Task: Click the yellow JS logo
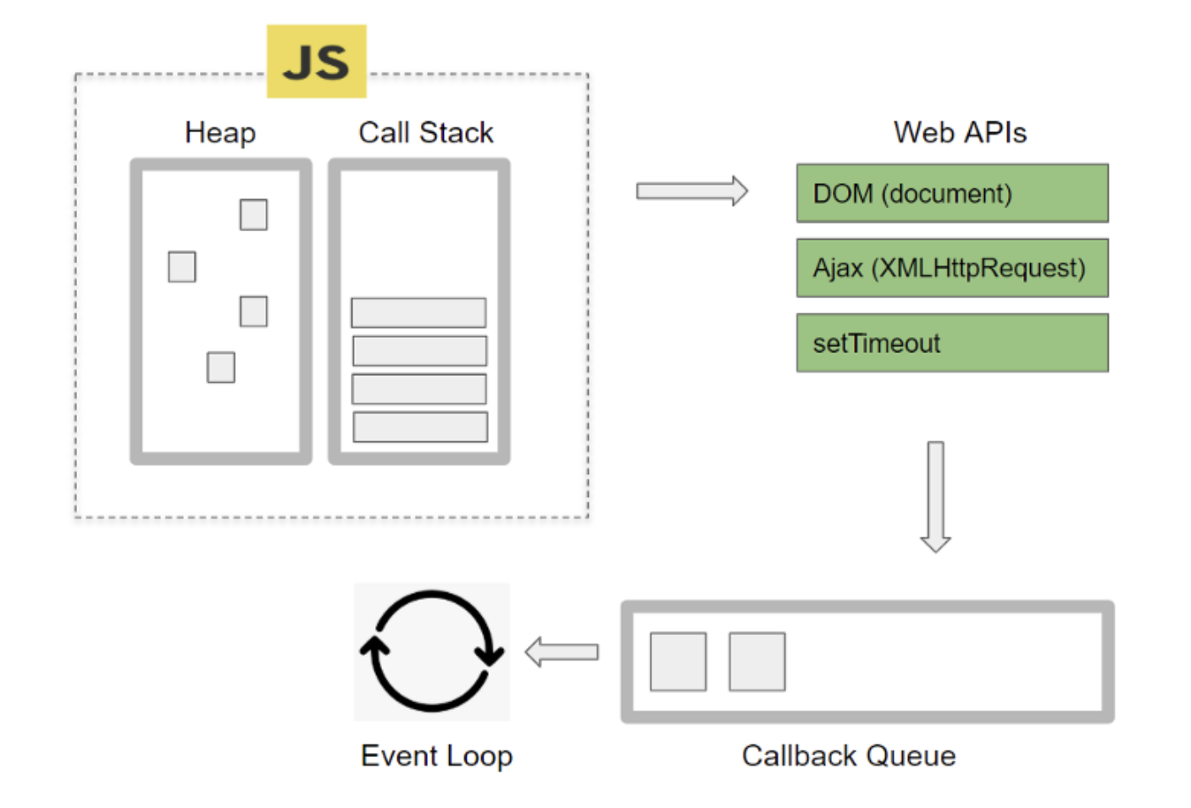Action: click(316, 61)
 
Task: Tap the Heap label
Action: click(220, 133)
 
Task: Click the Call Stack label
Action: click(425, 133)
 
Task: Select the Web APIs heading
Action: click(960, 133)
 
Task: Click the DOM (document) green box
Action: click(952, 193)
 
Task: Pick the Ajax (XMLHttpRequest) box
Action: click(952, 268)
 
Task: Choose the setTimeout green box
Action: click(952, 343)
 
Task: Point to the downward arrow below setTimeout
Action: click(935, 496)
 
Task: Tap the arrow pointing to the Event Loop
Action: click(562, 652)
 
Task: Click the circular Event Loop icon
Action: click(432, 650)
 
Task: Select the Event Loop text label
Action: click(436, 755)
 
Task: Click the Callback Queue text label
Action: click(849, 755)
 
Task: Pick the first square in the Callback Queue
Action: click(678, 661)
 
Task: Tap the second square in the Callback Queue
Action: click(756, 661)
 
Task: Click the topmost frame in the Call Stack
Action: click(418, 313)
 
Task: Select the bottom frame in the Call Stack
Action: click(420, 427)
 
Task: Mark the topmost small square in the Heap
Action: click(253, 214)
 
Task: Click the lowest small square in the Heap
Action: click(220, 368)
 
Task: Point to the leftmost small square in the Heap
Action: click(181, 267)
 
